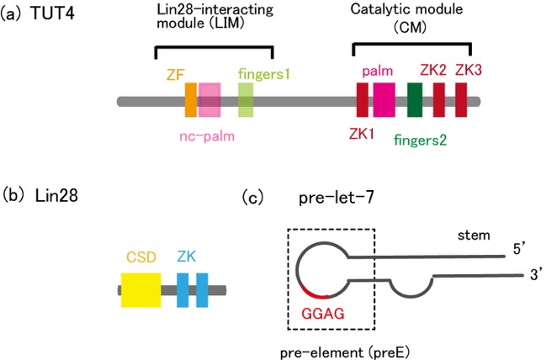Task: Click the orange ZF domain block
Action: tap(191, 100)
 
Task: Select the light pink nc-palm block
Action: tap(209, 100)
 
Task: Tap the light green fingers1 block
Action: tap(246, 100)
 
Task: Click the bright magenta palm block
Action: tap(384, 100)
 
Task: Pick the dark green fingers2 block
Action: tap(415, 100)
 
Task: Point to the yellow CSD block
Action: tap(141, 290)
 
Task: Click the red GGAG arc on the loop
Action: tap(314, 294)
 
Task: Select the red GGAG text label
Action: tap(323, 314)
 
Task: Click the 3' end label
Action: tap(538, 275)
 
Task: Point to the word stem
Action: tap(474, 236)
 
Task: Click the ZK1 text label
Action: tap(362, 134)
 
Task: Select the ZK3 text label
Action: tap(469, 70)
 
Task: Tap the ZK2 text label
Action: tap(433, 70)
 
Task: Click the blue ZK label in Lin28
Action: tap(186, 257)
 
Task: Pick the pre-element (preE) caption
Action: tap(345, 353)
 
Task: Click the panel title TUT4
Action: tap(52, 13)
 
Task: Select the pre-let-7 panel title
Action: tap(337, 198)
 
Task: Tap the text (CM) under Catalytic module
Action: tap(410, 28)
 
